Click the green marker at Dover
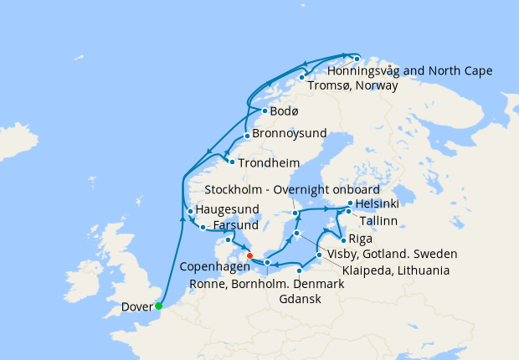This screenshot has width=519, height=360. point(158,306)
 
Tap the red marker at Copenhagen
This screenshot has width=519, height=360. point(249,256)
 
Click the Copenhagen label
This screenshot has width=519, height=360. point(215,266)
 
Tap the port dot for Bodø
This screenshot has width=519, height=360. point(265,111)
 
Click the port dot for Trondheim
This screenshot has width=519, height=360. point(232,162)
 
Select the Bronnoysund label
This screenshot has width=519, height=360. point(289,134)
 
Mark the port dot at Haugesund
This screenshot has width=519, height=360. point(191,211)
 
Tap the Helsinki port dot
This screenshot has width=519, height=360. point(351,203)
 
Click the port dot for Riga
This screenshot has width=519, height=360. point(343,239)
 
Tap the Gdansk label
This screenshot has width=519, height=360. point(300,299)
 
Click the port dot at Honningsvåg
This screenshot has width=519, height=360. point(357,59)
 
